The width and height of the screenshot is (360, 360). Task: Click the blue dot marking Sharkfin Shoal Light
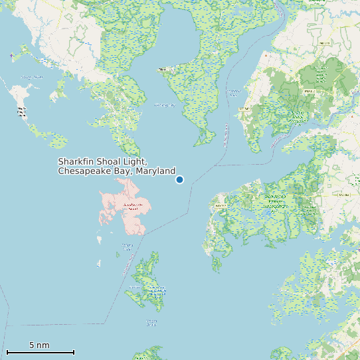(179, 179)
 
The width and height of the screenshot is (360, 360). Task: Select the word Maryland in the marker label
(155, 171)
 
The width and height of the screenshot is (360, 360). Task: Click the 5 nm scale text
(39, 345)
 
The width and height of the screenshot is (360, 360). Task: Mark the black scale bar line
(40, 352)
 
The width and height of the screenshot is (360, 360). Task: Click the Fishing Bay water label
(164, 104)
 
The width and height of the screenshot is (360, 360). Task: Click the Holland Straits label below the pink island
(128, 247)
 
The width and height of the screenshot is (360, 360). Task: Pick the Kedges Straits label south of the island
(151, 323)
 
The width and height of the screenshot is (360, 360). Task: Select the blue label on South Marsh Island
(157, 290)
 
